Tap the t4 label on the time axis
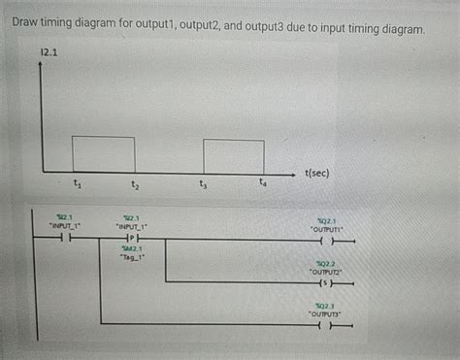pos(262,181)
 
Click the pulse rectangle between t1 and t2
pos(103,153)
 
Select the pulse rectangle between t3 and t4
pos(233,155)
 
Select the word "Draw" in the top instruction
pos(28,29)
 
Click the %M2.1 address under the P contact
pos(131,249)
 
